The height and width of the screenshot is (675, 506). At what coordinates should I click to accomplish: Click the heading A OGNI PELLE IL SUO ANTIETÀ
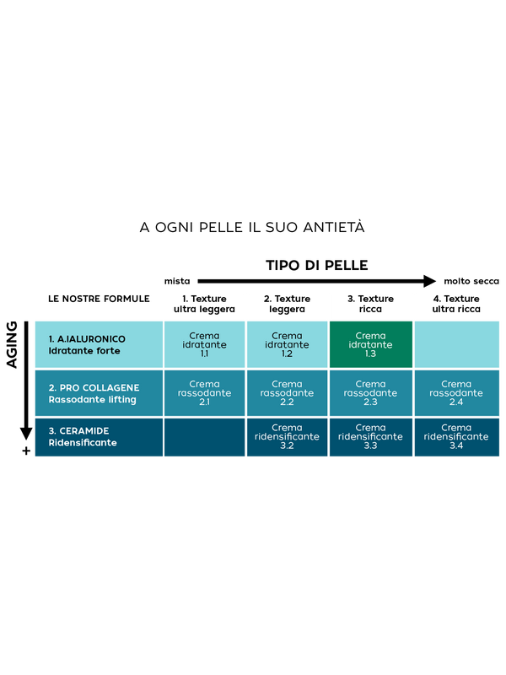(252, 227)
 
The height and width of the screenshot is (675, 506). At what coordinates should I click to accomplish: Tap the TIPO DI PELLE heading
(317, 265)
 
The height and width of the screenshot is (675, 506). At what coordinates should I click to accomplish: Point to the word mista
(177, 281)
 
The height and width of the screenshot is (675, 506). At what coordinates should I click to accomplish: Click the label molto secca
(471, 281)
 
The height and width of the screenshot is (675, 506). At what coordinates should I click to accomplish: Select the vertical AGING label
(12, 344)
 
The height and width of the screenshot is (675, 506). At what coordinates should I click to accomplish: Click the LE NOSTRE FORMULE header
(99, 299)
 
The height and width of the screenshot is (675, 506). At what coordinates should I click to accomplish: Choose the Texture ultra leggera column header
(204, 304)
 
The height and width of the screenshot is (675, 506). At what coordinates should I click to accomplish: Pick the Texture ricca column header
(370, 304)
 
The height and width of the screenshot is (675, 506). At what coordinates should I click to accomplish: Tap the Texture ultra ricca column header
(456, 304)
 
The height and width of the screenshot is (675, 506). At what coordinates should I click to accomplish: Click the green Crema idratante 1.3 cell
(371, 344)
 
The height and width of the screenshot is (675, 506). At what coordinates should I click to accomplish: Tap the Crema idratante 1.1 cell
(204, 344)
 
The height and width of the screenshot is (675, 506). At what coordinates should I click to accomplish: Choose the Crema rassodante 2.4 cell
(457, 393)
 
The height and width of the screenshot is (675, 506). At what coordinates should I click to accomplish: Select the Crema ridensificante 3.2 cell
(287, 437)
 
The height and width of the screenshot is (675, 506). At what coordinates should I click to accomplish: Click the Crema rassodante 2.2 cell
(287, 393)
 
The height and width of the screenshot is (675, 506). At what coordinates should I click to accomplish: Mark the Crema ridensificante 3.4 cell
(457, 437)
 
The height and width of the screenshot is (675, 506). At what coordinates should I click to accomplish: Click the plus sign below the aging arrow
(26, 451)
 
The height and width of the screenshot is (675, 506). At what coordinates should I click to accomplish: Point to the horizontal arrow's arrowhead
(429, 281)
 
